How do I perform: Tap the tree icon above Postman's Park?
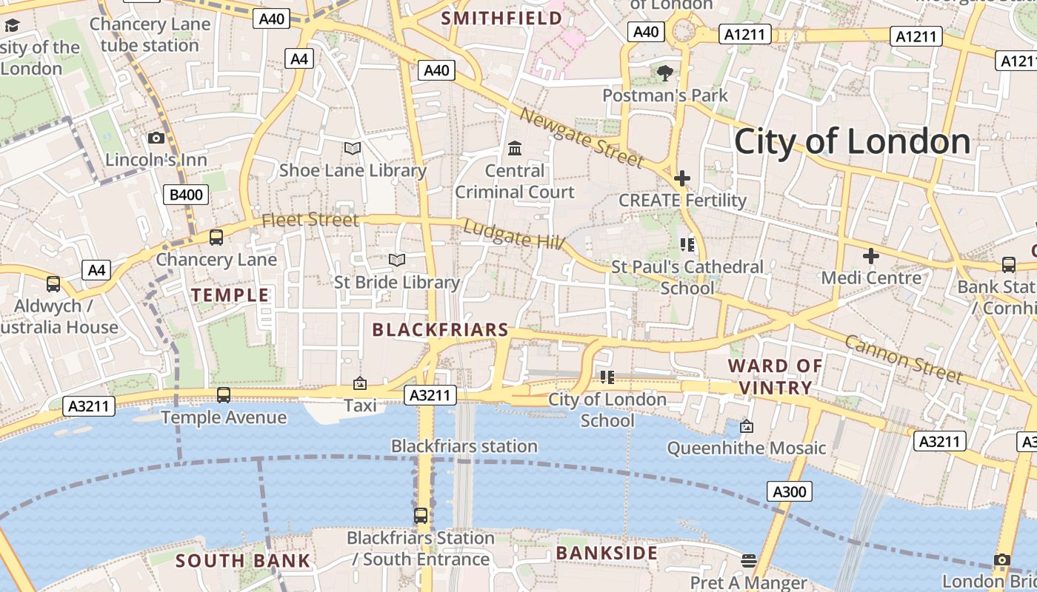pos(665,73)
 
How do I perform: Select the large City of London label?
pos(852,141)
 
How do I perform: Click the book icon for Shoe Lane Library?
pos(353,148)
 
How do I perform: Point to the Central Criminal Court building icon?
pos(515,149)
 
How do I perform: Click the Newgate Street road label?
pos(581,137)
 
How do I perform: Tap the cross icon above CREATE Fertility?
pos(682,178)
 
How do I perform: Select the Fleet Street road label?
pos(310,220)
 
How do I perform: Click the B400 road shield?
pos(186,195)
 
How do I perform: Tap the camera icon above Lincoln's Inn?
pos(156,138)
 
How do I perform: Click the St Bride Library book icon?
pos(397,260)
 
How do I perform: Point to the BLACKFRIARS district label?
pos(441,330)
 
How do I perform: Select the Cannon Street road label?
pos(903,359)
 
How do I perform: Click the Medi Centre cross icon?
pos(871,256)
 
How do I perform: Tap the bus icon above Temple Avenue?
pos(224,395)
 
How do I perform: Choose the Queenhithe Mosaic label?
pos(746,448)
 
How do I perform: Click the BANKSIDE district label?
pos(607,553)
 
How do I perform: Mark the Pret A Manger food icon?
pos(749,560)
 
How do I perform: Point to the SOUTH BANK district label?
pos(243,561)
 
